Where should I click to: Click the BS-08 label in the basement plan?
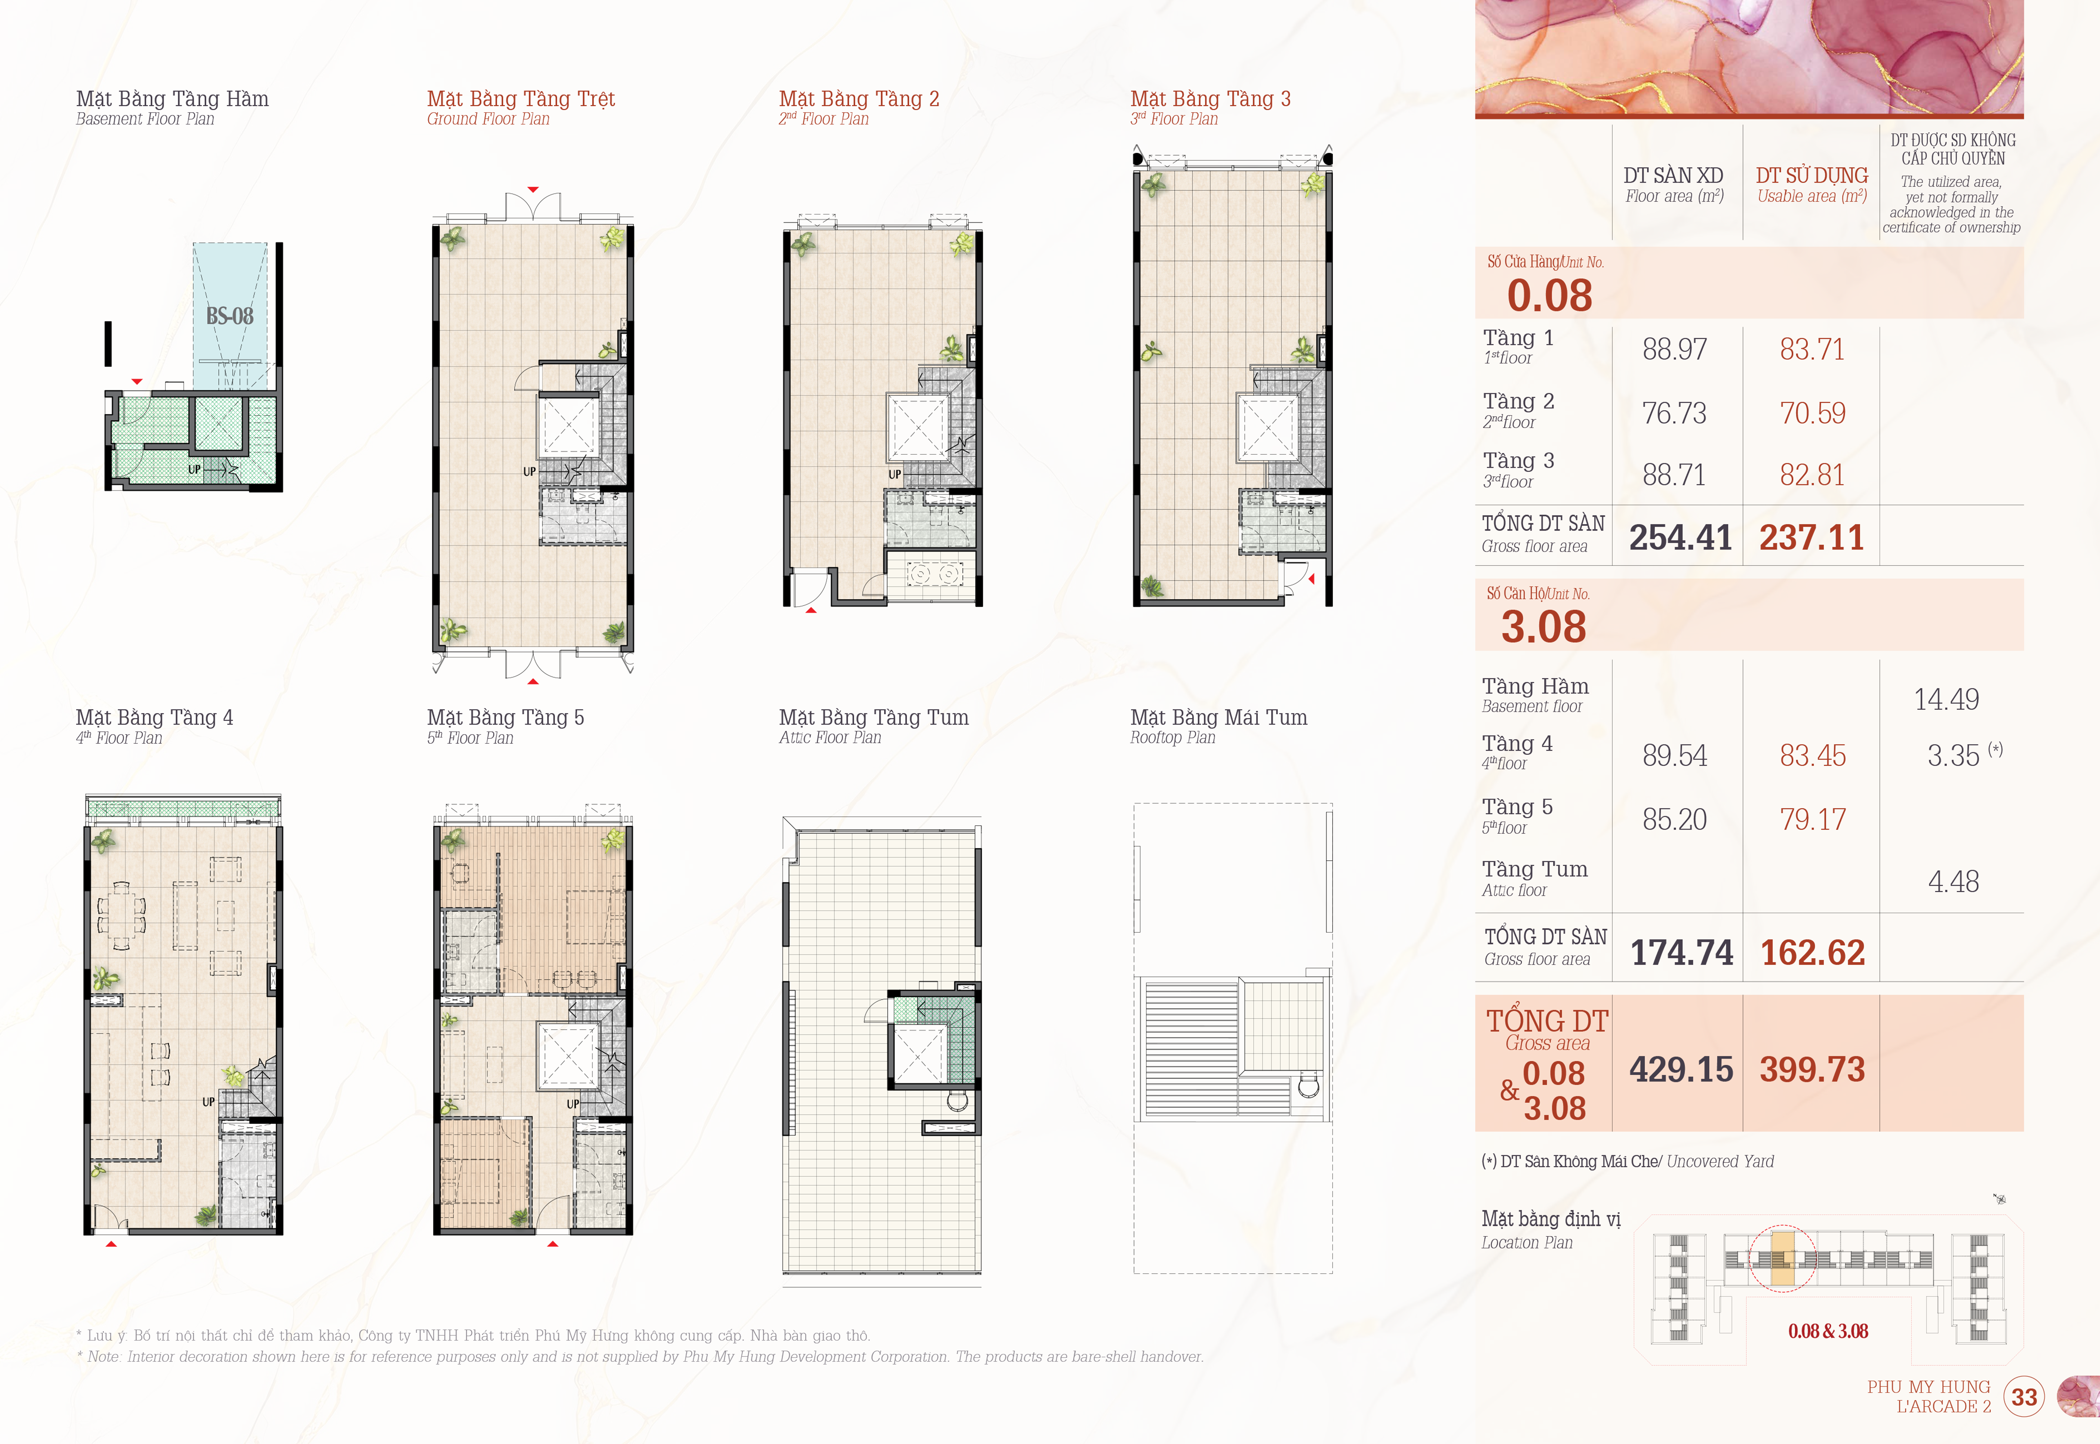point(230,316)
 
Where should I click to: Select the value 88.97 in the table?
point(1675,349)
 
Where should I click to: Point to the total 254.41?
point(1680,538)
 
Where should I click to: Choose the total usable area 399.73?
point(1812,1069)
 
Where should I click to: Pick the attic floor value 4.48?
point(1953,881)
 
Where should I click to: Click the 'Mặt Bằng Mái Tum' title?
point(1218,718)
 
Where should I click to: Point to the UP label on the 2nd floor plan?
point(894,474)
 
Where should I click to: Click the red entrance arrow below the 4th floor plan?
point(112,1244)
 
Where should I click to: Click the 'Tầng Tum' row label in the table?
point(1534,869)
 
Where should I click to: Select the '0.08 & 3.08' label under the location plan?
point(1827,1331)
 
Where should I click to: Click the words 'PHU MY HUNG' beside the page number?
point(1929,1386)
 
